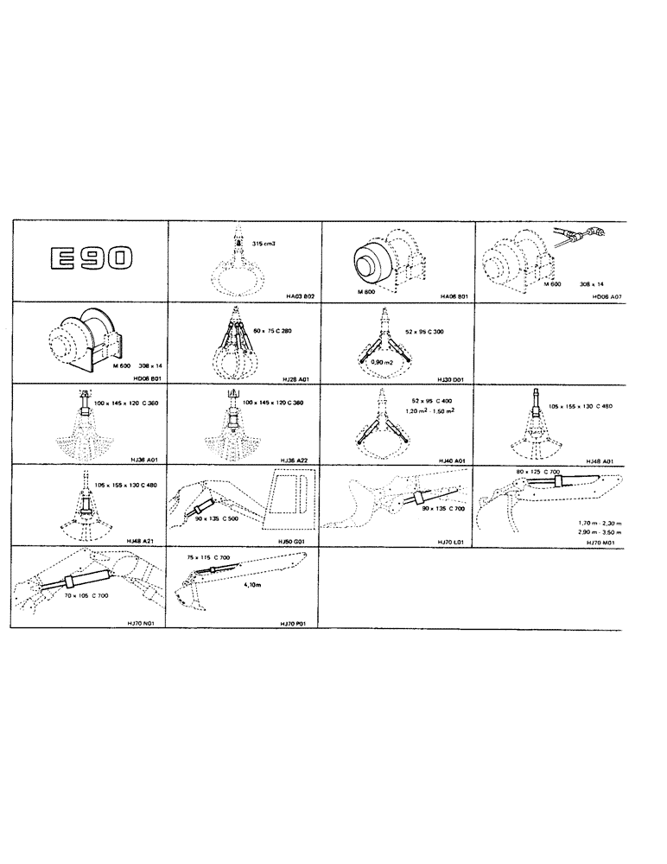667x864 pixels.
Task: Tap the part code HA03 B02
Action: tap(301, 295)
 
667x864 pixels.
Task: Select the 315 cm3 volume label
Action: tap(264, 245)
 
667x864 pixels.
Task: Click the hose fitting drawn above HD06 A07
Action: tap(576, 234)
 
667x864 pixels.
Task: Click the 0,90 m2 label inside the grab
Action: tap(384, 364)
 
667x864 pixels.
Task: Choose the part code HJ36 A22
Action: tap(301, 460)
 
